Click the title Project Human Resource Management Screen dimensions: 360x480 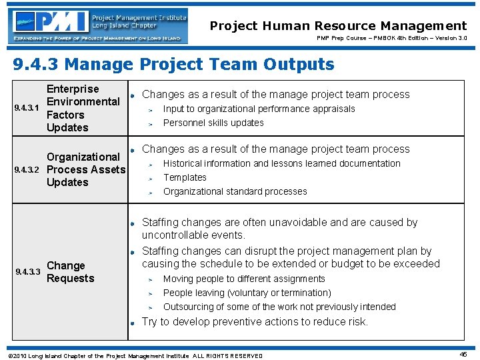[338, 26]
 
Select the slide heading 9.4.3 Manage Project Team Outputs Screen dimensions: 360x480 [174, 65]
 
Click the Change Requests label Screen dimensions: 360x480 [70, 272]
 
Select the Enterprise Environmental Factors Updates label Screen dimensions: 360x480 [83, 108]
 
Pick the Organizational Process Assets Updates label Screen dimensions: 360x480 [85, 169]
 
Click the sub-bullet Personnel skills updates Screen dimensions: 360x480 [213, 123]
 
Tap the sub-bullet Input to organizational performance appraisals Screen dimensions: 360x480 [259, 109]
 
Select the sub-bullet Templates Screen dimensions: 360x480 [185, 177]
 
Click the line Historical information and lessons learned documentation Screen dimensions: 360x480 [281, 163]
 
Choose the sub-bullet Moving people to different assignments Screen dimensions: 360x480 [244, 279]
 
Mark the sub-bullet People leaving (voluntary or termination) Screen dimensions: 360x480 [247, 293]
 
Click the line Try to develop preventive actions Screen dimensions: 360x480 [255, 321]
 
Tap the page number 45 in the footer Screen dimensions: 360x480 [463, 355]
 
